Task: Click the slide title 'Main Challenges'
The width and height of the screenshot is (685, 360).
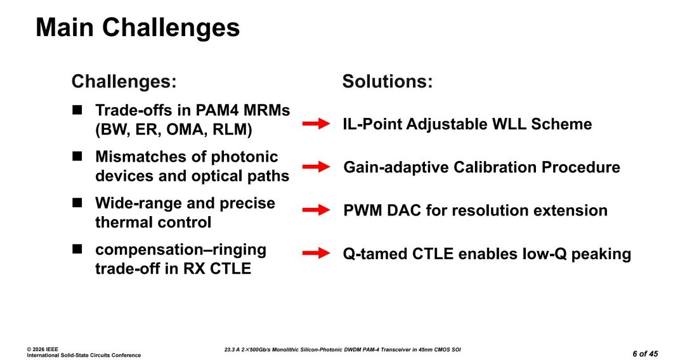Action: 138,28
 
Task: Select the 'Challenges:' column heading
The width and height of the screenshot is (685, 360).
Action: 123,82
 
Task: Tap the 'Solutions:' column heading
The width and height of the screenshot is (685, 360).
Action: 387,82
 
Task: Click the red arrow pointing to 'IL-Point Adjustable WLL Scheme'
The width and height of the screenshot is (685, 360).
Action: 316,124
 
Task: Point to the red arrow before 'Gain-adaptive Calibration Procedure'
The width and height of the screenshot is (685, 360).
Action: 316,167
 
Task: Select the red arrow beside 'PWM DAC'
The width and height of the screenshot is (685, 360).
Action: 316,210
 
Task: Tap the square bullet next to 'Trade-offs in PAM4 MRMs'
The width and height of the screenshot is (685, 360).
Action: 77,110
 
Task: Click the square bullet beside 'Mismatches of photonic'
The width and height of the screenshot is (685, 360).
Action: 77,156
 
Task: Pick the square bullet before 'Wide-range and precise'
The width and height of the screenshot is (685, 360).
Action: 77,203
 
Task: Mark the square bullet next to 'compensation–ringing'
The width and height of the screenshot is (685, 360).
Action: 77,249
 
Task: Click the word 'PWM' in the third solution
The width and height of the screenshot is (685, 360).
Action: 363,210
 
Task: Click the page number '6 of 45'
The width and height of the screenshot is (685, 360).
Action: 645,353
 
